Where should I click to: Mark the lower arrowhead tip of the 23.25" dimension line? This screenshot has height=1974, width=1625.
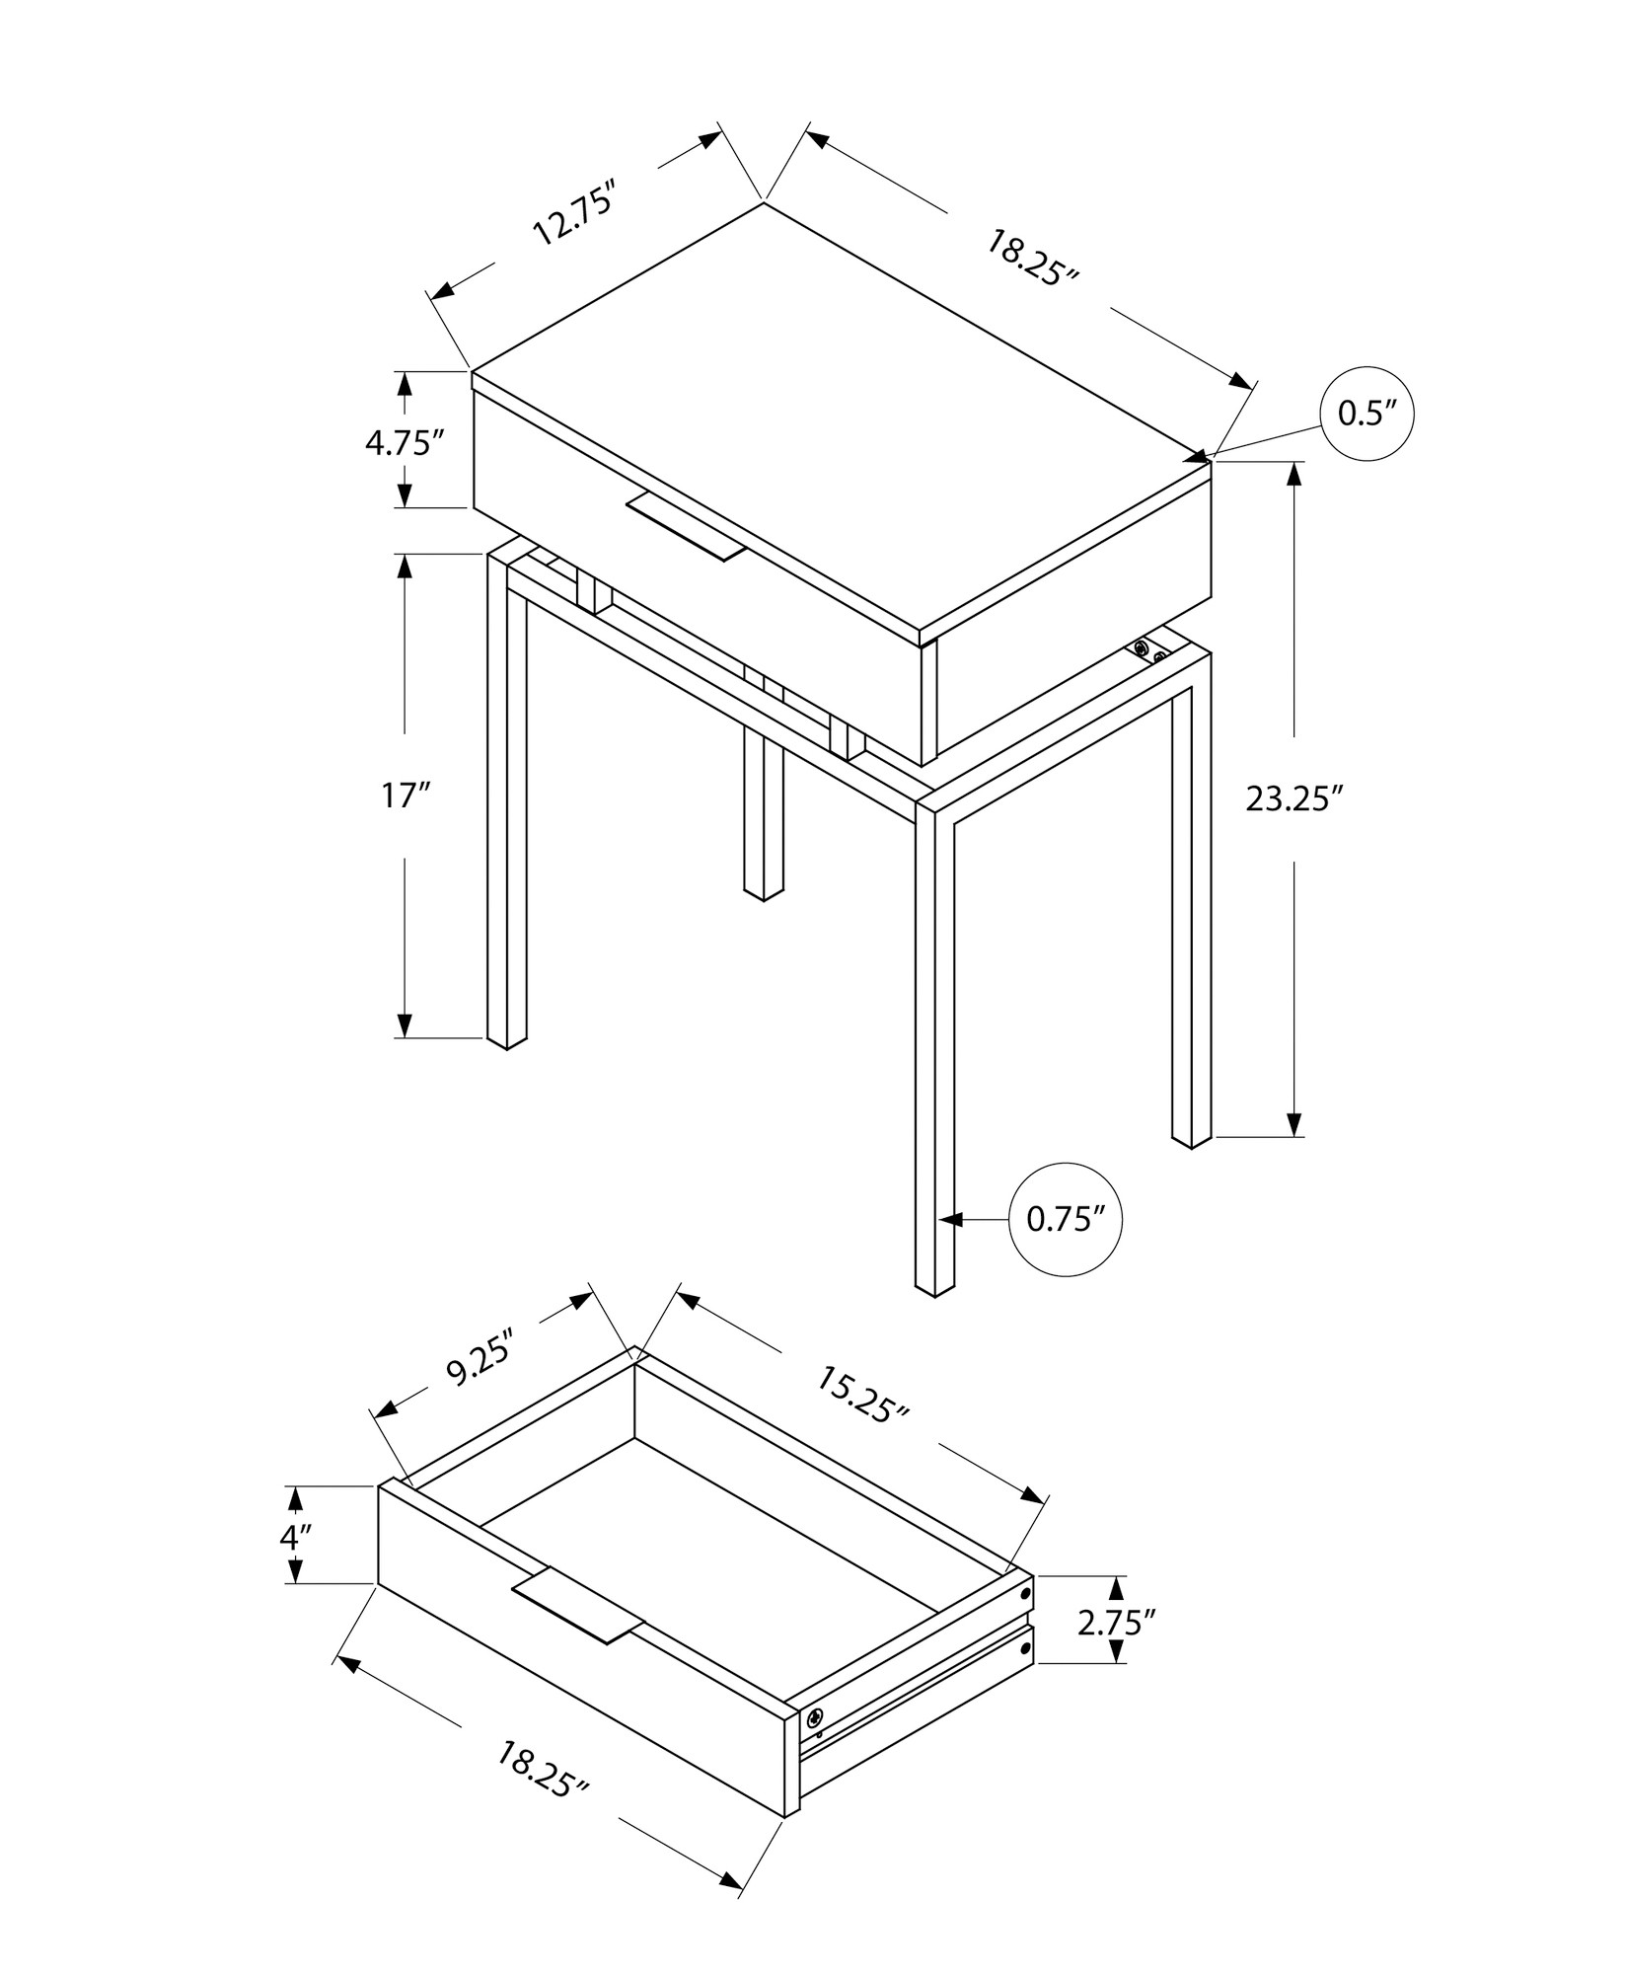pos(1294,1137)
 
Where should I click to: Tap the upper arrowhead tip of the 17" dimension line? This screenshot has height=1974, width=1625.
pos(405,554)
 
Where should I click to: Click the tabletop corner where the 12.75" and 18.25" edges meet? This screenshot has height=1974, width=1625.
pos(764,203)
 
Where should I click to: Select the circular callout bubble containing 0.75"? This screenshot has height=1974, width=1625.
pos(1067,1219)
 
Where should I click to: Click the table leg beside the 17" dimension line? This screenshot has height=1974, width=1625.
pos(506,799)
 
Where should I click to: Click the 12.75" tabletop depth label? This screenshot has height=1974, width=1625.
pos(574,213)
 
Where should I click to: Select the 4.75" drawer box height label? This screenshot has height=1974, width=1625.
pos(400,443)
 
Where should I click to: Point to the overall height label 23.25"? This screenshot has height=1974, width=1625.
pos(1295,798)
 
